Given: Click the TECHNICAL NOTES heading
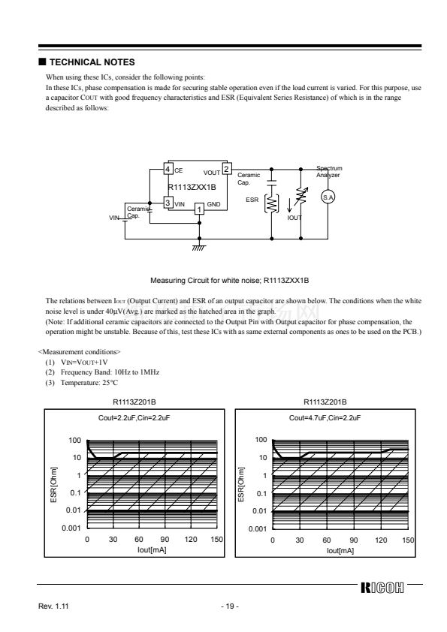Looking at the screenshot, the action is point(92,62).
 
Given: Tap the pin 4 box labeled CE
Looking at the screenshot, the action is point(168,170).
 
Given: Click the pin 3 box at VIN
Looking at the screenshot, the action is point(168,203).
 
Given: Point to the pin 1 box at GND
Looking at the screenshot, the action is point(199,209).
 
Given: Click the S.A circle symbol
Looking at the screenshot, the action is point(328,197).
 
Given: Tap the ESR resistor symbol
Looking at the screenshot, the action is point(271,203).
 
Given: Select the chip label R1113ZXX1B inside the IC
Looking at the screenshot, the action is point(192,188).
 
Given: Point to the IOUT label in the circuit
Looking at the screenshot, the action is point(294,218).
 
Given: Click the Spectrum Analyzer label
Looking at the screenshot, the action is point(329,172).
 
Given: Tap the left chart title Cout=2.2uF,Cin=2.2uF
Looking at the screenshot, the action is point(134,418).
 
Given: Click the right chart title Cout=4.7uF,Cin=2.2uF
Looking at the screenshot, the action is point(325,418).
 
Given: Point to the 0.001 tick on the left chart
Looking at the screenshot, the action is point(71,528).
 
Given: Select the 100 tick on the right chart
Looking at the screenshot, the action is point(261,440).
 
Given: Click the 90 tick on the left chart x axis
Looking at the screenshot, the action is point(165,539).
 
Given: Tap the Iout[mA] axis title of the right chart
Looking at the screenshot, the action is point(340,551).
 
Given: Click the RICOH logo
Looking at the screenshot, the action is point(382,588).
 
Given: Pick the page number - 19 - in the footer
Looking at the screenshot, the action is point(230,606).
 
